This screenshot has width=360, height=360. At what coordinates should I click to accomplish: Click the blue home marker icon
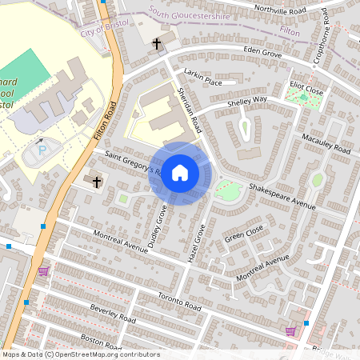point(180,173)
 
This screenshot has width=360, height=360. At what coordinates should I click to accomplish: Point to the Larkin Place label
point(202,75)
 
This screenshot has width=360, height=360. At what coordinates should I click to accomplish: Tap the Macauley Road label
point(326,145)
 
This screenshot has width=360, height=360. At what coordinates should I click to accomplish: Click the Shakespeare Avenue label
point(283,196)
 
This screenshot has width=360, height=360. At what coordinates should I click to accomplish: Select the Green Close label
point(244,233)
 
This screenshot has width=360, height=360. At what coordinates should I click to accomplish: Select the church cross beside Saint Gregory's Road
point(97,182)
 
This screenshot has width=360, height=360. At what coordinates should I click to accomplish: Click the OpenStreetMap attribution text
point(80,354)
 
